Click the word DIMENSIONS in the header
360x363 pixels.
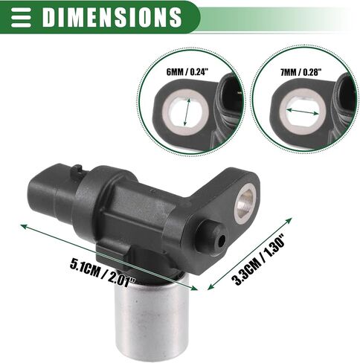tap(112, 17)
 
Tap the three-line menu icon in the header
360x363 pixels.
tap(21, 17)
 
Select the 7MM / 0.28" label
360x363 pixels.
tap(300, 72)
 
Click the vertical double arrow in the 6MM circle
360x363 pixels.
tap(187, 112)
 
